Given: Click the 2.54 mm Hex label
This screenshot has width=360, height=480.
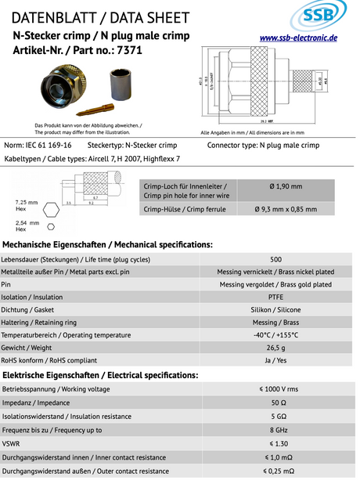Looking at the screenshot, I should pos(27,226).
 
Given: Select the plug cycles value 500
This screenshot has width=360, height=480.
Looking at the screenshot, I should pos(275,259).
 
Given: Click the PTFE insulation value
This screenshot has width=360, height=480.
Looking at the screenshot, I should pos(275,297).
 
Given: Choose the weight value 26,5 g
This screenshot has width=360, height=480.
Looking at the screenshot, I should pos(275,347).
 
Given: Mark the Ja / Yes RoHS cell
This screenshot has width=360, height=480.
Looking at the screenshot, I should pos(275,359).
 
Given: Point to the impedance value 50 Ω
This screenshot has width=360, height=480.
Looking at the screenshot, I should pos(275,402).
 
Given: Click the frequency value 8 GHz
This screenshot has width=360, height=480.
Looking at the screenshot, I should pos(275,430).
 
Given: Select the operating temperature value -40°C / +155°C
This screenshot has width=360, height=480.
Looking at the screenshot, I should pos(275,334).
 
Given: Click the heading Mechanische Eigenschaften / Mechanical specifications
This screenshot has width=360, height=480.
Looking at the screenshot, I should pos(107,244).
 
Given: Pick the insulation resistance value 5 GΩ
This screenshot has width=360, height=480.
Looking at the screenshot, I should pos(275,416).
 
